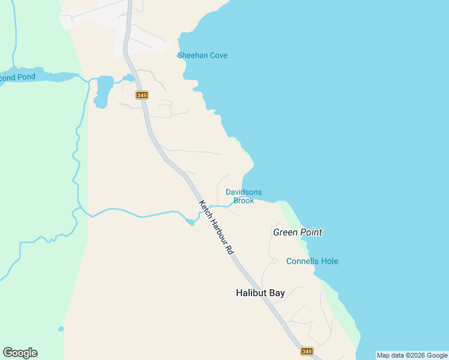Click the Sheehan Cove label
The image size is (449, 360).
click(202, 56)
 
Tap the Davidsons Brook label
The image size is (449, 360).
click(243, 196)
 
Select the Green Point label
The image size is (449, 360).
click(297, 232)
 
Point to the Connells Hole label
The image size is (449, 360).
click(312, 262)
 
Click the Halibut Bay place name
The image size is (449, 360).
click(260, 293)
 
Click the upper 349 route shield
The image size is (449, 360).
click(142, 95)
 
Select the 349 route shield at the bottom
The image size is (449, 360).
click(307, 351)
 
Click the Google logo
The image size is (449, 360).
click(20, 353)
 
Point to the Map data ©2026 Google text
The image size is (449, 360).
click(412, 355)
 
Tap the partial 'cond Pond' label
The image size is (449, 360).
click(17, 77)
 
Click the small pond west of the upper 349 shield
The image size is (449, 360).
click(102, 90)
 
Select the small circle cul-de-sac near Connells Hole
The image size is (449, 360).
click(274, 260)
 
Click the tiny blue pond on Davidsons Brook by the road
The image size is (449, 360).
click(190, 222)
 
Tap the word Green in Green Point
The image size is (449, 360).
click(285, 232)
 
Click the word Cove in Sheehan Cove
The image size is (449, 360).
click(217, 56)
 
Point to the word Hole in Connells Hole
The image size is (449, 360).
click(328, 262)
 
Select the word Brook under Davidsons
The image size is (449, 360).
click(244, 200)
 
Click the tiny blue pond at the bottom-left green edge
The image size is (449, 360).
click(61, 329)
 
